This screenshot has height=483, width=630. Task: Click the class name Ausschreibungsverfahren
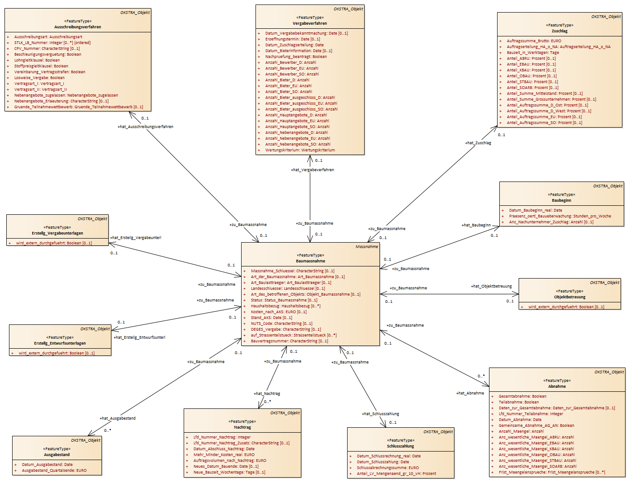pos(78,27)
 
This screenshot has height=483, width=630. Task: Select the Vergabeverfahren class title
pos(310,23)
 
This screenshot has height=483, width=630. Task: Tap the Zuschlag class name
pos(560,31)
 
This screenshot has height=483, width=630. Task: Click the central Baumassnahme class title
pos(310,261)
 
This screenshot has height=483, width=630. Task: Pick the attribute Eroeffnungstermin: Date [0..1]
pos(292,39)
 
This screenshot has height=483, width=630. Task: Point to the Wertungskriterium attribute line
pos(300,150)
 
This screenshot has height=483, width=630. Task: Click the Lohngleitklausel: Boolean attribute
pos(37,60)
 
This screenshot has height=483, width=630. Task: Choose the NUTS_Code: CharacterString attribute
pos(282,323)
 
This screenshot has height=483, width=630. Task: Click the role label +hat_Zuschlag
pos(478,143)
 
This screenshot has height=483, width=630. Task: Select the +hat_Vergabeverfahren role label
pos(312,170)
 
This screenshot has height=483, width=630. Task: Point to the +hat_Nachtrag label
pos(267,394)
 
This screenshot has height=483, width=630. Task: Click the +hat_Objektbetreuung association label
pos(491,286)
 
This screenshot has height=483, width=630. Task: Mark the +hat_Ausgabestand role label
pos(117,418)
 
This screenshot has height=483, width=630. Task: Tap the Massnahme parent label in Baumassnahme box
pos(367,247)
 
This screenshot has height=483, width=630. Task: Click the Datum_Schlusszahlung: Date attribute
pos(383,462)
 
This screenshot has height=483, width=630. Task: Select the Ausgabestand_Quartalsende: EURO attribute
pos(54,470)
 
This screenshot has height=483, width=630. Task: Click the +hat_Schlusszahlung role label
pos(380,414)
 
